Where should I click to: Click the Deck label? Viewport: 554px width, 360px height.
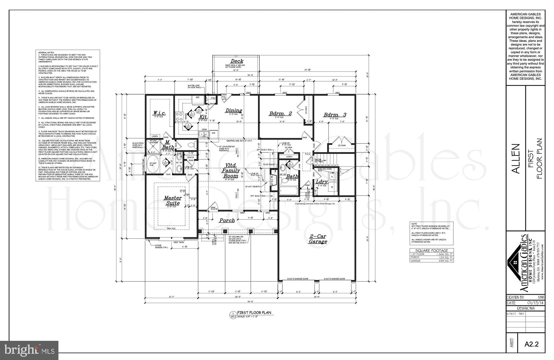coord(237,61)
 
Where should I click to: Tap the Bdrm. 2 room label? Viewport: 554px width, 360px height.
coord(280,114)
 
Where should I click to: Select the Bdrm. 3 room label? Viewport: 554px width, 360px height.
coord(335,115)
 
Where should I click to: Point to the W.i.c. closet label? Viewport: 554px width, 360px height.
coord(159,113)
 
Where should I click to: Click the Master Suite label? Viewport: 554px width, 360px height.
coord(172,201)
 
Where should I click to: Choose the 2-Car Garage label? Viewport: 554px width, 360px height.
coord(318,239)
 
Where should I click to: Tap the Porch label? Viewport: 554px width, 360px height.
coord(227,221)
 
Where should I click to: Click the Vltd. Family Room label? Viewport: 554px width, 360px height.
coord(231,170)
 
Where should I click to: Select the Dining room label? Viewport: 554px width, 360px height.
coord(234,110)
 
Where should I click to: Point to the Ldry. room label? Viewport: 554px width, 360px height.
coord(322,182)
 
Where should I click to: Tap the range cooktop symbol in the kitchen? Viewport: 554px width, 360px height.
coord(179,116)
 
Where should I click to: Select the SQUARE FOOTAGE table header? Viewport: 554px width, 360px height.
coord(431,251)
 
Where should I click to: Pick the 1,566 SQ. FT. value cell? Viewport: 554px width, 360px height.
coord(444,254)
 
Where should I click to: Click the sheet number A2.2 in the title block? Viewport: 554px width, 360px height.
coord(532,344)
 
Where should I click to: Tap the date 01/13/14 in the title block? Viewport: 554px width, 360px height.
coord(533,303)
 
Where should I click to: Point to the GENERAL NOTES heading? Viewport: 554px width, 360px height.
coord(46,52)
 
